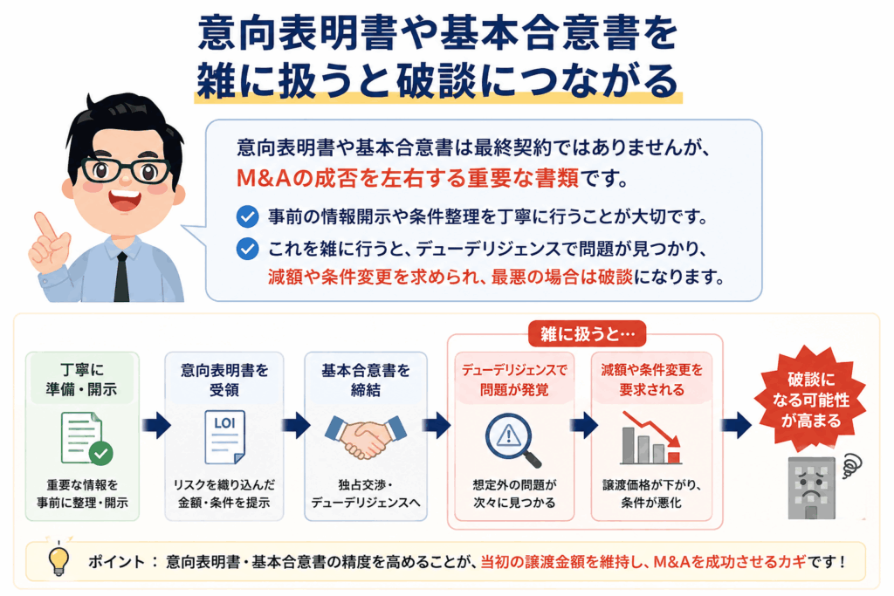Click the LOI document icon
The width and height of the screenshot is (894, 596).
[224, 436]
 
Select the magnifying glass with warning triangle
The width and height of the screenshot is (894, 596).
[512, 440]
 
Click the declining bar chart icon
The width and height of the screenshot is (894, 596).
[651, 437]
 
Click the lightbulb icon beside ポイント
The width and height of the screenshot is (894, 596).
[58, 559]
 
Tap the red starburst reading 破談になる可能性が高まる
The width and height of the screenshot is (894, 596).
[811, 400]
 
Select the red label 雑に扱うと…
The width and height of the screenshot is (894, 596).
[588, 334]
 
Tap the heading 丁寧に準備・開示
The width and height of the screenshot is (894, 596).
[81, 380]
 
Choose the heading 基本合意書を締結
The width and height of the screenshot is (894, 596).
[366, 380]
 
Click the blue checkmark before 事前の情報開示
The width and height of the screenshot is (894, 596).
[247, 216]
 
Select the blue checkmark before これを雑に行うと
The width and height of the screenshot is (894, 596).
[247, 249]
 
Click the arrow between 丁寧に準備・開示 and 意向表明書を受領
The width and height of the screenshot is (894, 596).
[156, 425]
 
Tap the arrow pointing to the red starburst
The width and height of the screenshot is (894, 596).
[736, 425]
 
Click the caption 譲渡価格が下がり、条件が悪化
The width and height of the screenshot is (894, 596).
[651, 493]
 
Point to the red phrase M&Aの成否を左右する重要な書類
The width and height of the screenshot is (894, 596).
[407, 178]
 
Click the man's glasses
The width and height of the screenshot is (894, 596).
[126, 169]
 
